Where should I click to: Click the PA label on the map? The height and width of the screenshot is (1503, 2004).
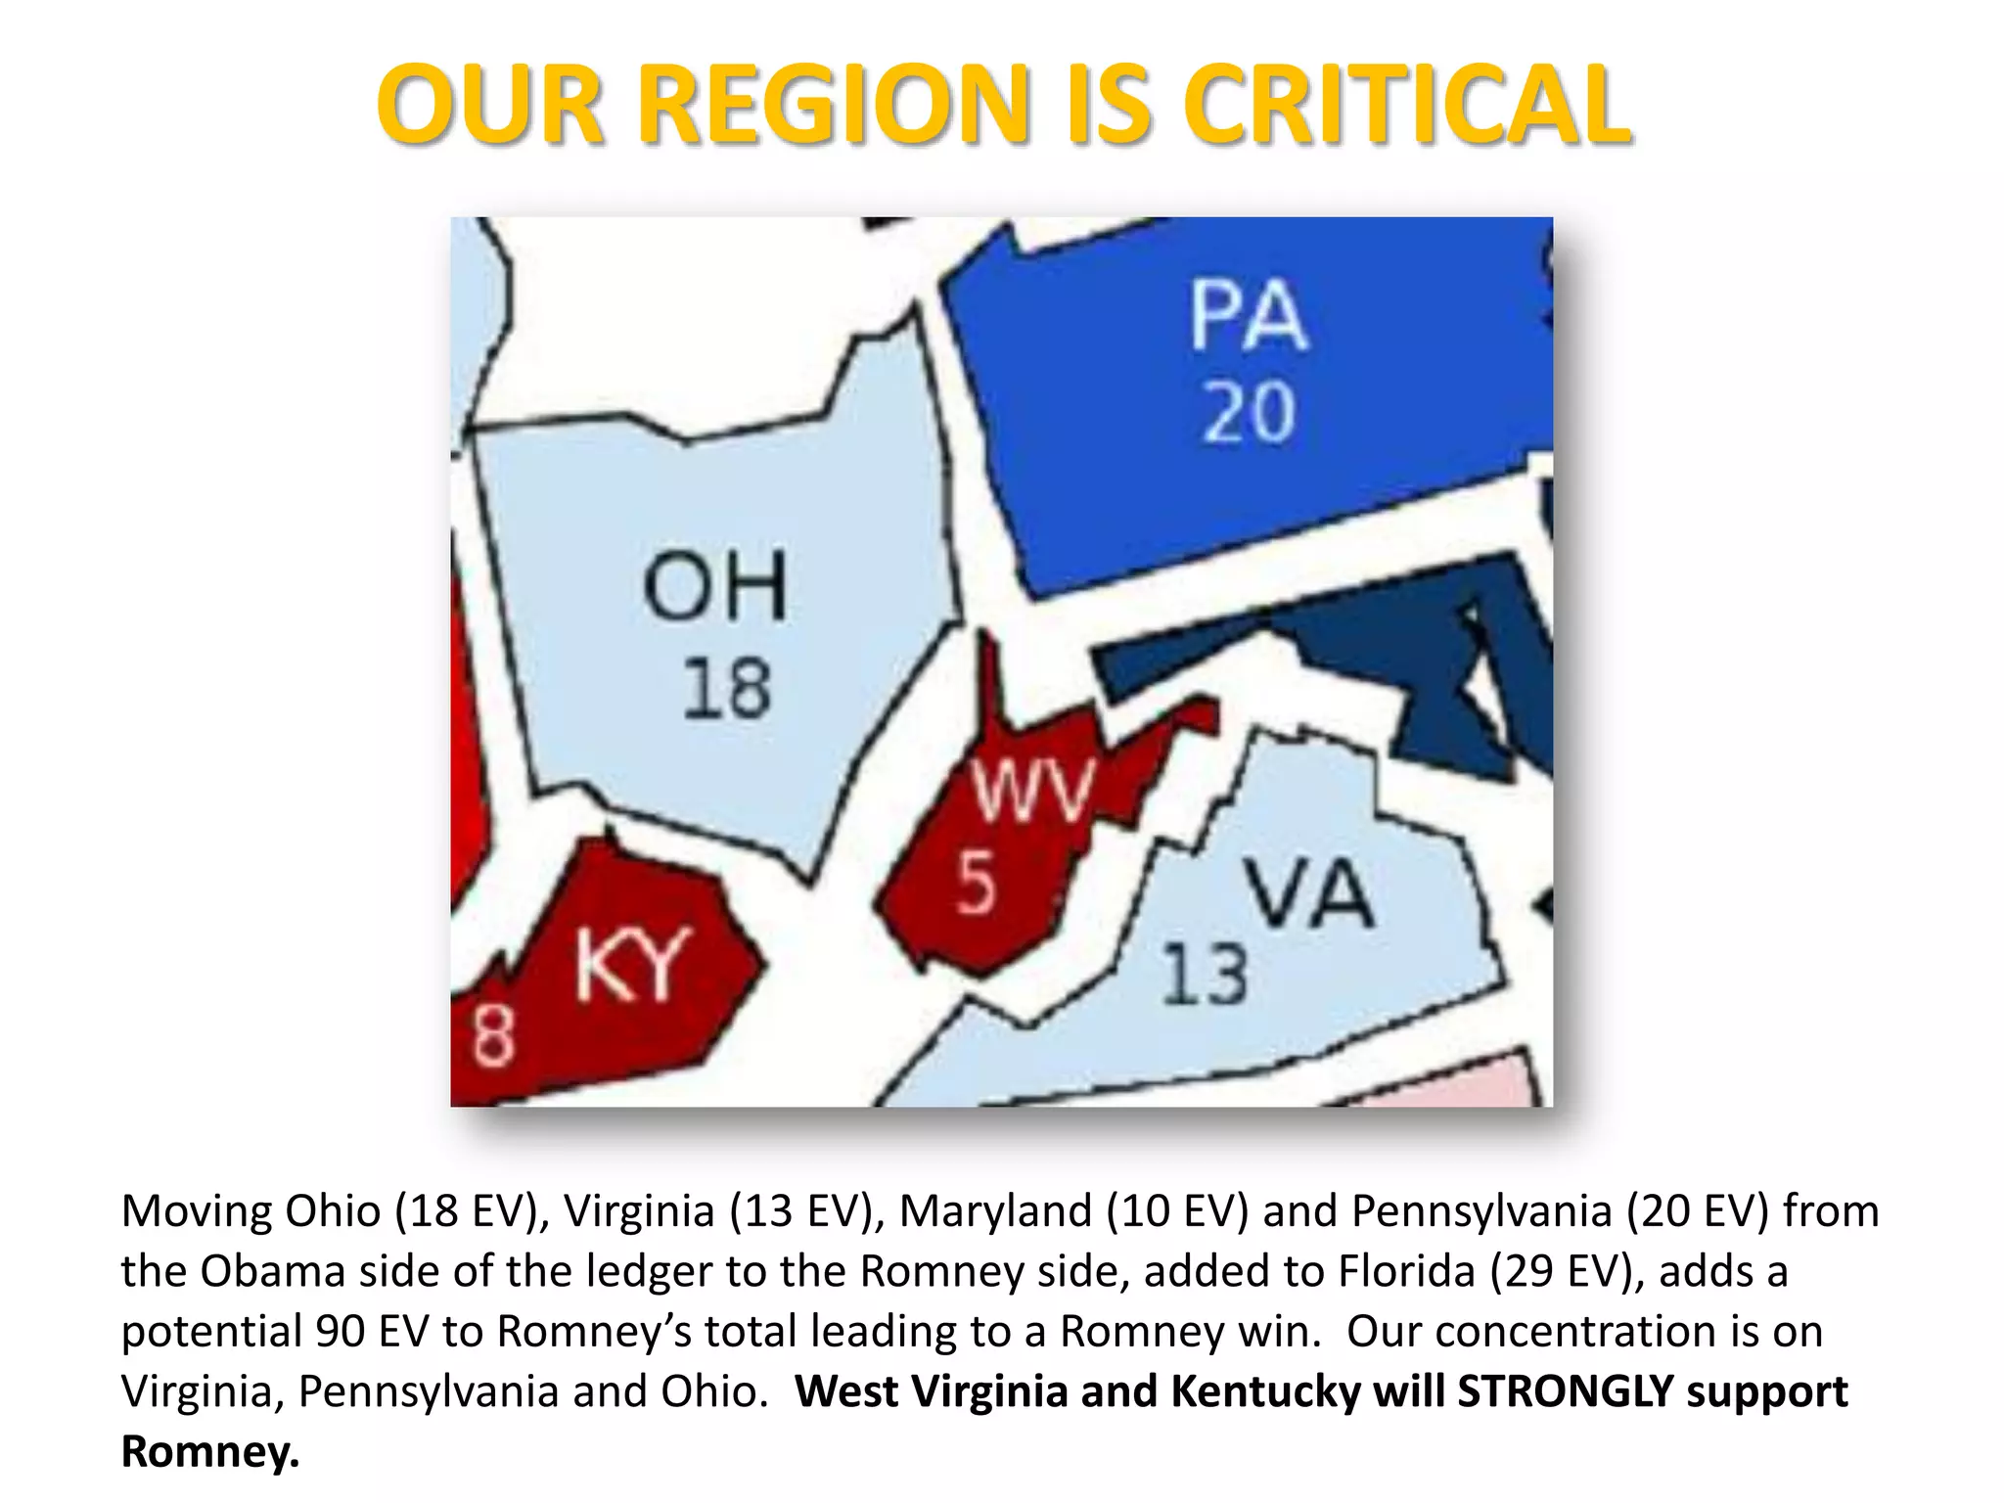click(1249, 315)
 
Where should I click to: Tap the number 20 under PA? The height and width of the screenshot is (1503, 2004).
click(1250, 412)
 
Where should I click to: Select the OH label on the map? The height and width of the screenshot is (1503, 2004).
click(715, 585)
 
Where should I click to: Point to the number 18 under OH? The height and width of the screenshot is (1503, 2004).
click(726, 689)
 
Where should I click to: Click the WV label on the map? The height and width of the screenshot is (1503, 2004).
click(1033, 791)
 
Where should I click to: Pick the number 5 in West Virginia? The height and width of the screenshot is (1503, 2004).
click(976, 884)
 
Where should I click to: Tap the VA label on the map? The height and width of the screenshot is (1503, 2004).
click(1309, 893)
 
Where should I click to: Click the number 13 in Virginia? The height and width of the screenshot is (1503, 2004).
click(1205, 975)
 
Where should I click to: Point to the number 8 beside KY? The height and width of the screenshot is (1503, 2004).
click(492, 1036)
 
